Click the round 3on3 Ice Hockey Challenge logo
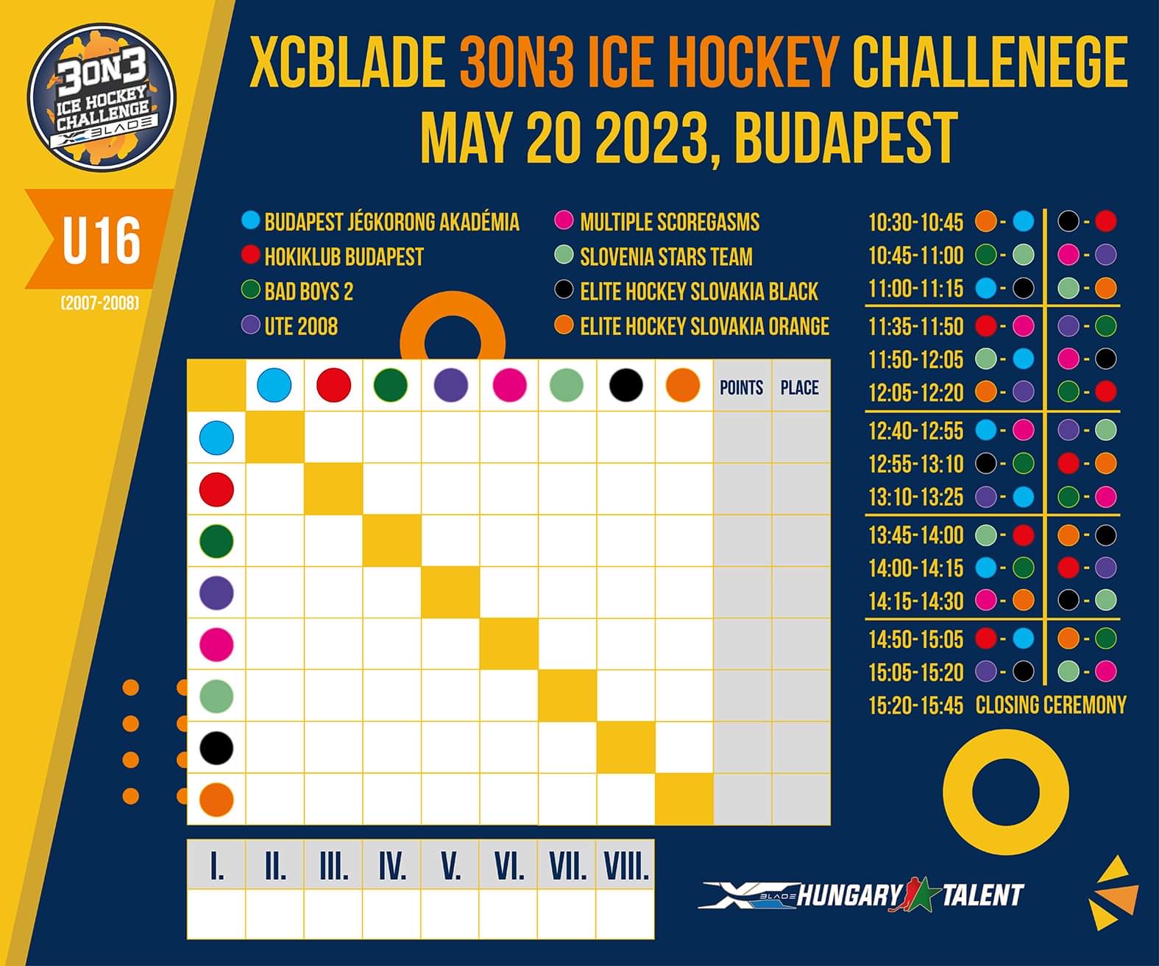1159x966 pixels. point(102,96)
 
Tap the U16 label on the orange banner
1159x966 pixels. point(102,241)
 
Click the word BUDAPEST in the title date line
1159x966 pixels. point(846,137)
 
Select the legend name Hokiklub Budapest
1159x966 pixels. point(344,257)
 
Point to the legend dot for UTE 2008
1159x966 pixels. point(251,325)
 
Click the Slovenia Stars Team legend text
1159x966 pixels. point(666,257)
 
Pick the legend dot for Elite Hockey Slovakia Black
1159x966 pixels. point(564,289)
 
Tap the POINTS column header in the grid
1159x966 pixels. point(742,387)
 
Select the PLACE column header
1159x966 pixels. point(800,387)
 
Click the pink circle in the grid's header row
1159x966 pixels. point(509,385)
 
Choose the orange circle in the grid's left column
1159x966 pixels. point(216,800)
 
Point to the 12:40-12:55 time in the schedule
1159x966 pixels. point(916,431)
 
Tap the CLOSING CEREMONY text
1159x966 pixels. point(1052,705)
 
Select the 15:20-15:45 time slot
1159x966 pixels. point(916,705)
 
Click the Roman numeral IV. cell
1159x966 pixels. point(392,866)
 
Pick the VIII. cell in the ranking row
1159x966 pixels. point(625,866)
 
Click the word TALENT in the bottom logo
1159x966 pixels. point(983,895)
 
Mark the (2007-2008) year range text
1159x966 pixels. point(101,303)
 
